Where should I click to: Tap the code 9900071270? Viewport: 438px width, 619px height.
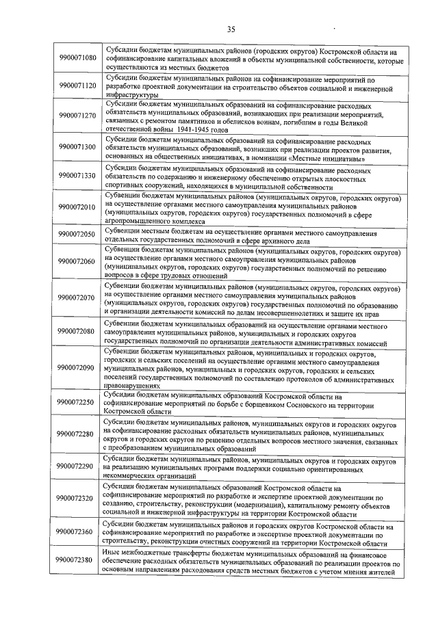pos(77,116)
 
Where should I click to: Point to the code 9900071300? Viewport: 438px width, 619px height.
pos(77,147)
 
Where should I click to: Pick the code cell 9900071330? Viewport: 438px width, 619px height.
pos(77,176)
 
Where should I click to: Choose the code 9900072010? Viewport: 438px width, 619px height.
pos(77,208)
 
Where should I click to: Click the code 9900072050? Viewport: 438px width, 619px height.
pos(77,235)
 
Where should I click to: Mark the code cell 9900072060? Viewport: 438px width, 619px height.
pos(77,261)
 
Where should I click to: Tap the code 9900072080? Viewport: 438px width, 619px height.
pos(77,331)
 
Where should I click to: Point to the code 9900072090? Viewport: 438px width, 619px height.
pos(77,367)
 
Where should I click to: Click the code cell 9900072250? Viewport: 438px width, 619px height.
pos(77,403)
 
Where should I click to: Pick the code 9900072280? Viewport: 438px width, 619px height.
pos(77,434)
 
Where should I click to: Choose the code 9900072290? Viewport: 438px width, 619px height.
pos(77,466)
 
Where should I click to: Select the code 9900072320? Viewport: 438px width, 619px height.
pos(77,499)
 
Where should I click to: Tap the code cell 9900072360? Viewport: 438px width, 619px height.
pos(77,531)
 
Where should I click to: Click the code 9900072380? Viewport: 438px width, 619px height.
pos(77,561)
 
